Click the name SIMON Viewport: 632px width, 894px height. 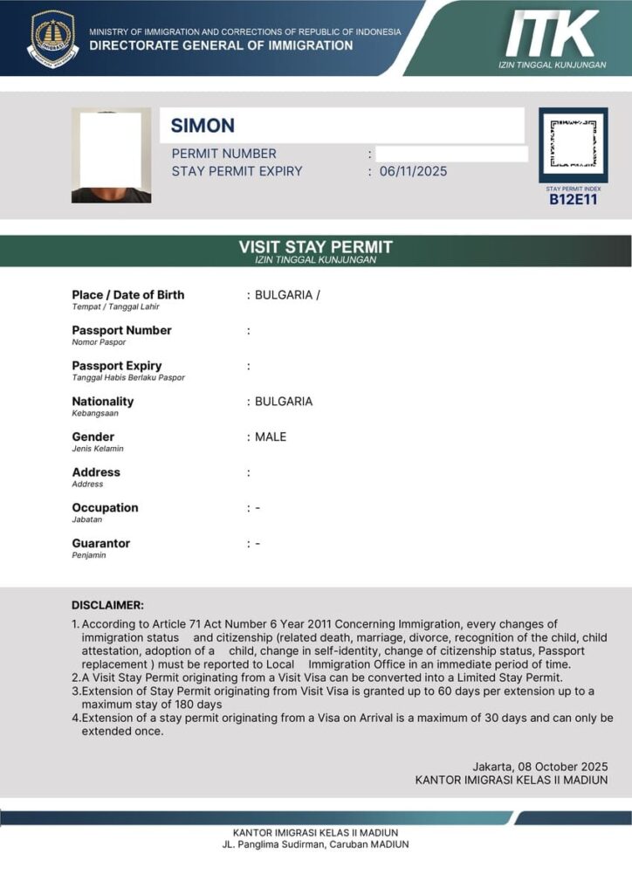203,126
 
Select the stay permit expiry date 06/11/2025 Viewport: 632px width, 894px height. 413,171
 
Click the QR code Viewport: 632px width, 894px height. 573,144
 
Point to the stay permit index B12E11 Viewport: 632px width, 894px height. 573,199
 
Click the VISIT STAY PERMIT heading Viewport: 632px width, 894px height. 316,247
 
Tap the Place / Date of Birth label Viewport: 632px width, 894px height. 128,295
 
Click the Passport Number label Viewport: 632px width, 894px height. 121,330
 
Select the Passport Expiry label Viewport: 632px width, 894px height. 117,366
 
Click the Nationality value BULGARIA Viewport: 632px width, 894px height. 284,402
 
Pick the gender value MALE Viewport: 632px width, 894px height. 271,437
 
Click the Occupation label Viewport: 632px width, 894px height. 105,507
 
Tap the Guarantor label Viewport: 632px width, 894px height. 100,543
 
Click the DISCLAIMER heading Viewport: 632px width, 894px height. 107,605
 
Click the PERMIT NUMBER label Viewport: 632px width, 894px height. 224,154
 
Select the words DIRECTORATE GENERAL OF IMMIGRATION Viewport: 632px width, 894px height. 221,45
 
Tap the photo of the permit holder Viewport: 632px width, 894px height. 111,155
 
